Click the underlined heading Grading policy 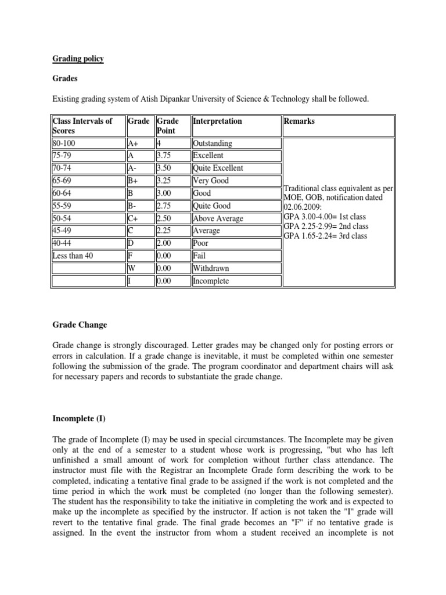point(78,59)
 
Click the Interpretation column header point(218,121)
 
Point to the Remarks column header point(299,121)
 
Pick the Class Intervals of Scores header point(82,126)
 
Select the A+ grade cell point(134,143)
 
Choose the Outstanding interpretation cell point(213,143)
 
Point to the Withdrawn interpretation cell point(211,268)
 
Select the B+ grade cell point(134,181)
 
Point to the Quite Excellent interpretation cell point(218,168)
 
